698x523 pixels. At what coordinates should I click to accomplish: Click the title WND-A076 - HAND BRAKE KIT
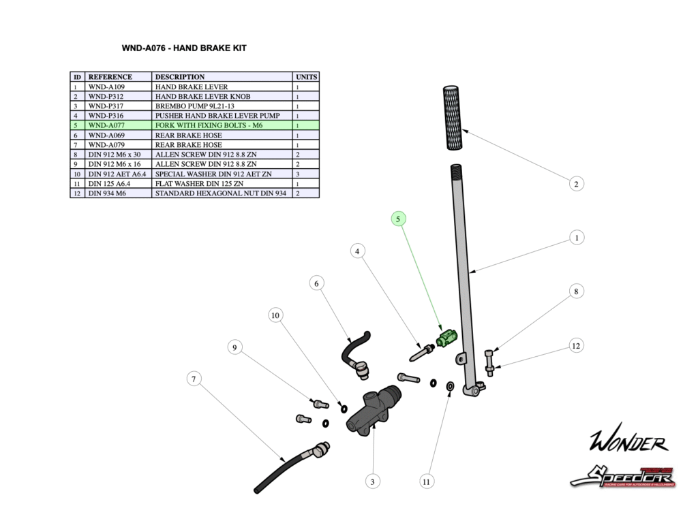click(x=183, y=48)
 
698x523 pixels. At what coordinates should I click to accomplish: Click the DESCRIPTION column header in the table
click(x=180, y=77)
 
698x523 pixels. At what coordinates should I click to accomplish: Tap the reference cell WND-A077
click(x=106, y=126)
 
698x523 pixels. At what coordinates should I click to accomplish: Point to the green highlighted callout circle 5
click(x=398, y=219)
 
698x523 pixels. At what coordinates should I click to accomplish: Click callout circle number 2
click(x=576, y=184)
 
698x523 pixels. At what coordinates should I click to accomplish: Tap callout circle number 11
click(x=427, y=481)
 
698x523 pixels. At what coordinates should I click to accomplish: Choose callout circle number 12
click(x=576, y=346)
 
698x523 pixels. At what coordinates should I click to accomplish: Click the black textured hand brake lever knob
click(x=453, y=118)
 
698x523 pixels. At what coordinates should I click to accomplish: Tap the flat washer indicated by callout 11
click(x=450, y=387)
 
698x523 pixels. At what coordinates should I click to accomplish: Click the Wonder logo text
click(x=628, y=443)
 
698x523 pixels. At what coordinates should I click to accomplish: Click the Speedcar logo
click(x=622, y=475)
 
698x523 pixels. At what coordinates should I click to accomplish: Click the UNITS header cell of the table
click(x=306, y=77)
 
